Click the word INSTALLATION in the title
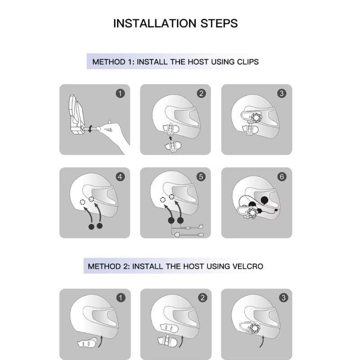tap(152, 23)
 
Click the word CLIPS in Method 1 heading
tap(247, 62)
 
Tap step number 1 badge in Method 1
tap(120, 93)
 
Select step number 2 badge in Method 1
tap(201, 93)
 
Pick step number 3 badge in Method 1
tap(282, 93)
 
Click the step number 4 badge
tap(120, 177)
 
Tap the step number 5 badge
tap(201, 177)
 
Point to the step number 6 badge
tap(282, 177)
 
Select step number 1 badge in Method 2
tap(120, 297)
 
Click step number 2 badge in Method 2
tap(202, 297)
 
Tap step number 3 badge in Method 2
tap(283, 297)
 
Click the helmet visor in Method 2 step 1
tap(99, 320)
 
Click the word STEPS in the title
tap(220, 23)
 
